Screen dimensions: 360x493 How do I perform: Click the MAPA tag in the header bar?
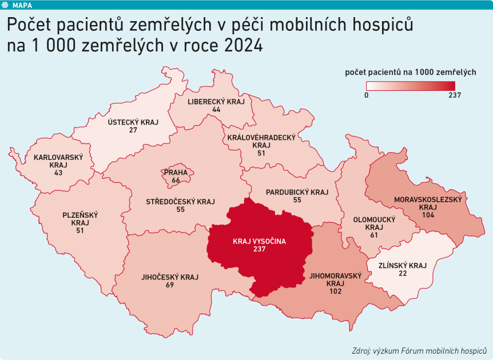coord(22,5)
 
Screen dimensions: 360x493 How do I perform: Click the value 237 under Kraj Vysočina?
coord(259,250)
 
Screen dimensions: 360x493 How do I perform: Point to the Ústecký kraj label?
coord(133,122)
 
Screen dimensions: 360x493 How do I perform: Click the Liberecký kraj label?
coord(216,101)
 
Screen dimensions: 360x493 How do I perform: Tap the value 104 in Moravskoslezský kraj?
coord(427,215)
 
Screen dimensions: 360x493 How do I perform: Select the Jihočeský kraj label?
coord(169,277)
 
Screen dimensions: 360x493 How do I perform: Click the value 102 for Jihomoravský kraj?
coord(335,291)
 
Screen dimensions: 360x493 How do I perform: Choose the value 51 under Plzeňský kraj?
coord(80,231)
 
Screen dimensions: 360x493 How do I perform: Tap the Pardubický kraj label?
coord(297,192)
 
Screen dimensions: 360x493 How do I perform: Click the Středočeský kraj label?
coord(180,202)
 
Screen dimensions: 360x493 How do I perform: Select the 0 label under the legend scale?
coord(367,95)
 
